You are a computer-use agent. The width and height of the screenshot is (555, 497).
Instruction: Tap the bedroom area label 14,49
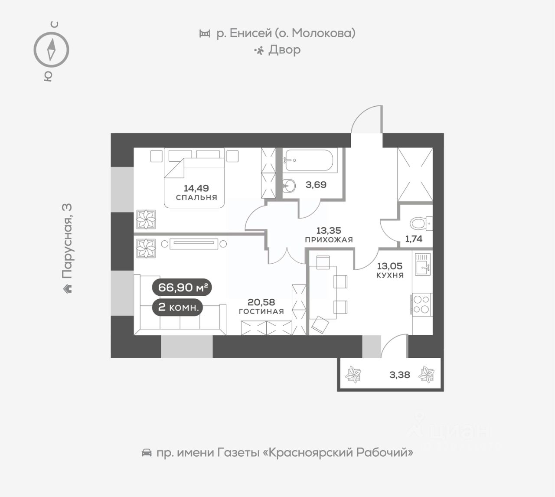point(196,188)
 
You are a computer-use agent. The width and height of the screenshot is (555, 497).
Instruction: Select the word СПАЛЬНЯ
point(196,197)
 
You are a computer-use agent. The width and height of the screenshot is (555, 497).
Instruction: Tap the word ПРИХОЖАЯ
point(329,239)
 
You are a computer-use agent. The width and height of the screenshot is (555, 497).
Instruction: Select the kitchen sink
point(422,264)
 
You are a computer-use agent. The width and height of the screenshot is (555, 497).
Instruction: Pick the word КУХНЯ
point(390,275)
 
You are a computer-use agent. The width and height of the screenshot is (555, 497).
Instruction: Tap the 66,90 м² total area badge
point(182,287)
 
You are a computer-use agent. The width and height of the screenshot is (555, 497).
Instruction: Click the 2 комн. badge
point(179,307)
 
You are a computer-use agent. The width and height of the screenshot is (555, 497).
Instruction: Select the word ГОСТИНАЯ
point(261,311)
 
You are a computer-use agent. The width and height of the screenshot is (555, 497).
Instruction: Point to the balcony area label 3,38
point(399,374)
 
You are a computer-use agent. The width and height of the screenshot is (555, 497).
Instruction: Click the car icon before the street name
point(147,453)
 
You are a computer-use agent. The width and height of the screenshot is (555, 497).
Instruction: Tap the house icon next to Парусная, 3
point(67,288)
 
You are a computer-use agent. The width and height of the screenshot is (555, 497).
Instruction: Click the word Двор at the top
point(284,50)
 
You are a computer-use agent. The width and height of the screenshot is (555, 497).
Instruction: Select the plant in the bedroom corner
point(146,219)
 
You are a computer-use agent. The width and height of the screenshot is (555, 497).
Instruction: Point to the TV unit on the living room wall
point(194,244)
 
